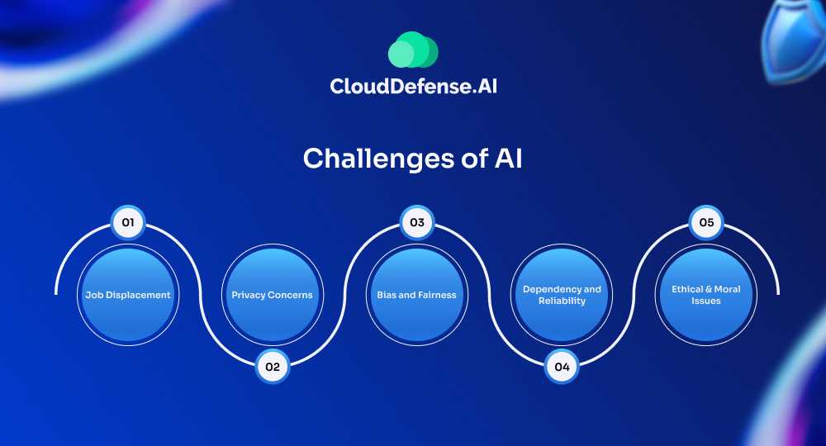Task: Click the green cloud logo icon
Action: click(x=413, y=50)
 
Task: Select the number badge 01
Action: click(x=128, y=223)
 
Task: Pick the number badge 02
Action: click(x=272, y=366)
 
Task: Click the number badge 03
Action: click(x=417, y=223)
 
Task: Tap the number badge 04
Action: click(x=562, y=366)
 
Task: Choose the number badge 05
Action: click(x=706, y=223)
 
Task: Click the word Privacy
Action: click(x=247, y=295)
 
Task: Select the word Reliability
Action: click(x=562, y=301)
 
